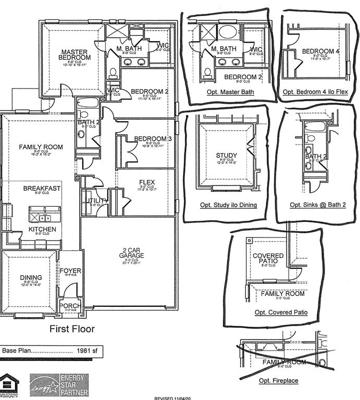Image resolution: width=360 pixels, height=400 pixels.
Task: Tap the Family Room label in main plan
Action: (x=41, y=147)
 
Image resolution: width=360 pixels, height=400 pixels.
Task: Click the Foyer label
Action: (x=70, y=271)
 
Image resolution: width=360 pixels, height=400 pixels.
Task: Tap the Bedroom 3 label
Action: (x=153, y=139)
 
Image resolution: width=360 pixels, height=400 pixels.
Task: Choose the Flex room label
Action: (x=147, y=182)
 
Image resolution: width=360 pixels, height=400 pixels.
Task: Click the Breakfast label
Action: (x=42, y=188)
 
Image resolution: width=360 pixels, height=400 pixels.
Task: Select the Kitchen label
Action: (x=42, y=229)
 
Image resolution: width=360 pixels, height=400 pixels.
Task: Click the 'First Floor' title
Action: (x=72, y=329)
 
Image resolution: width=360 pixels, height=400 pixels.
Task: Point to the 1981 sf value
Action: (x=87, y=351)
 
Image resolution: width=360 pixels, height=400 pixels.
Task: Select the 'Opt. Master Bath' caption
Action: (x=230, y=92)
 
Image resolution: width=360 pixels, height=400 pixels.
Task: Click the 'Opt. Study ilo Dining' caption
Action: (x=228, y=205)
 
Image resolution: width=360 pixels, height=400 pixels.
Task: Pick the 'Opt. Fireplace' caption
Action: (x=279, y=381)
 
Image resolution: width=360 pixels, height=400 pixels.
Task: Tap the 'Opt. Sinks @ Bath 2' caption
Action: (x=318, y=205)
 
